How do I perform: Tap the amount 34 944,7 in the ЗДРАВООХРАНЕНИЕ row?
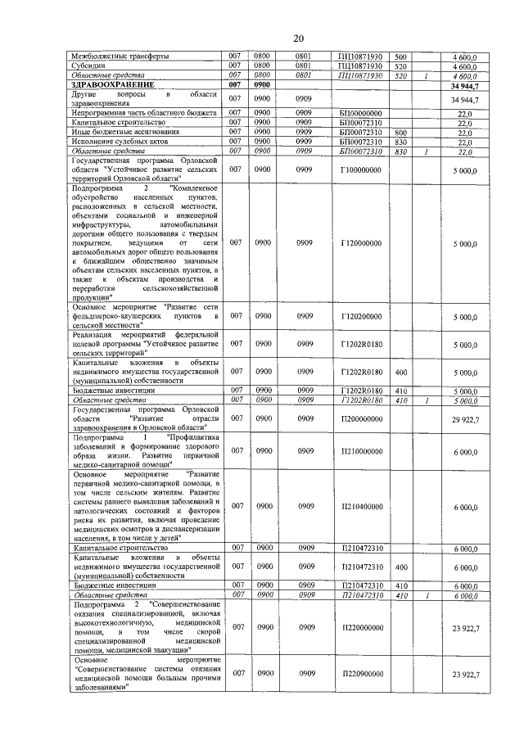[x=464, y=84]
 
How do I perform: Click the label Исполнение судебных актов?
[x=115, y=141]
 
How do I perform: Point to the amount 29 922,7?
[x=465, y=418]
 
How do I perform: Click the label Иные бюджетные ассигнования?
[x=120, y=131]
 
